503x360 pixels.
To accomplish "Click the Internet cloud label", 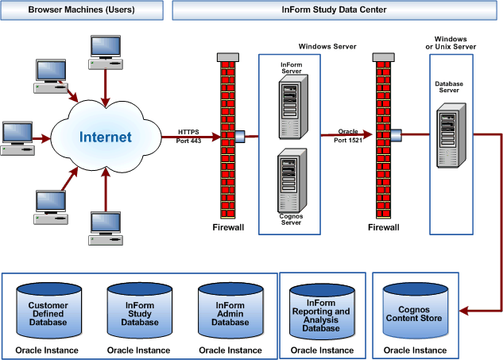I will coord(105,137).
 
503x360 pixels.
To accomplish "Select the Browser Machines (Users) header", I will coord(81,10).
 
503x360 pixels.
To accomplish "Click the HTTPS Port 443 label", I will coord(189,135).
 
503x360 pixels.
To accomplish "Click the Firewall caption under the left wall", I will coord(228,227).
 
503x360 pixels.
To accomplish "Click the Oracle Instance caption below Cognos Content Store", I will coord(415,350).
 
